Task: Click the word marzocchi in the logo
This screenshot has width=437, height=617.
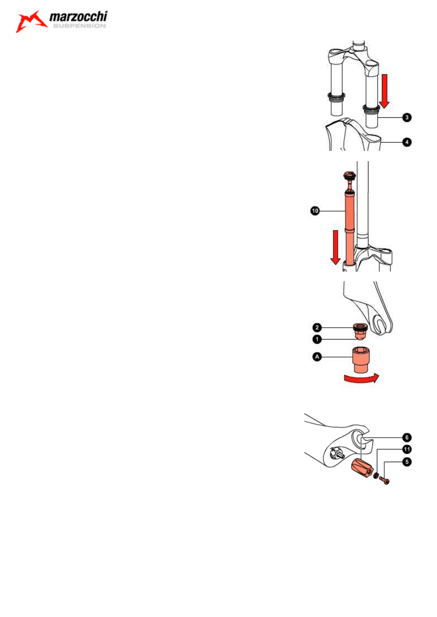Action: tap(78, 17)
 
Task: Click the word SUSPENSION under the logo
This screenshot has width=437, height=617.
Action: tap(79, 26)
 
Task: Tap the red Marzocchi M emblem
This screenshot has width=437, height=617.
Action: tap(31, 21)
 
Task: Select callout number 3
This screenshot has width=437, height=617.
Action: tap(407, 117)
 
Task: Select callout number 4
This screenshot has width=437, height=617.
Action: tap(407, 142)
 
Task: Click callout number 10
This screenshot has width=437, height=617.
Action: tap(315, 211)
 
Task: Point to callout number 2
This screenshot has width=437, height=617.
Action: tap(317, 327)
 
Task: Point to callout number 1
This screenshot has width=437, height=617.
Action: tap(317, 339)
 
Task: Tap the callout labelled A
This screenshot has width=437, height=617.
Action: tap(317, 357)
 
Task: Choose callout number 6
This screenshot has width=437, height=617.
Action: tap(407, 437)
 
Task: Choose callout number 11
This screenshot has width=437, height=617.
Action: tap(407, 449)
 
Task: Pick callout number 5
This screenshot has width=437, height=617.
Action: tap(407, 462)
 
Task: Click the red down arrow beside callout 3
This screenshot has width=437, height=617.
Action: tap(384, 91)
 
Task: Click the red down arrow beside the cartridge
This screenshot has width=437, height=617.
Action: tap(336, 247)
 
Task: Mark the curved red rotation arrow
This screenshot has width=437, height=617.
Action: tap(362, 379)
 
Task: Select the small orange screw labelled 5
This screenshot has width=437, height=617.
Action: tap(384, 480)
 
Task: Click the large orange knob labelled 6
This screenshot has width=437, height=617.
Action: tap(361, 468)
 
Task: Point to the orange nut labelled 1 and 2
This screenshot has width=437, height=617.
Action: tap(359, 332)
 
